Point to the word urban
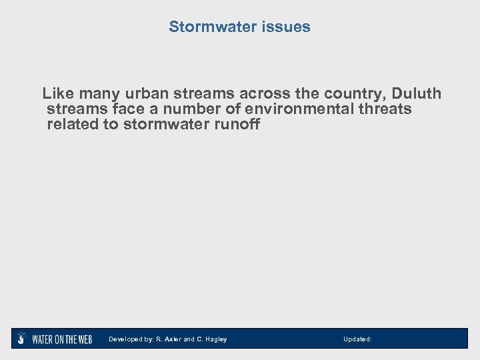point(137,93)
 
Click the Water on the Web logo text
point(62,339)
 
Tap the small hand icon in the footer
point(22,338)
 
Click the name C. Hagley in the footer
point(211,339)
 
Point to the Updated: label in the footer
point(357,339)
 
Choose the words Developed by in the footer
point(130,339)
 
